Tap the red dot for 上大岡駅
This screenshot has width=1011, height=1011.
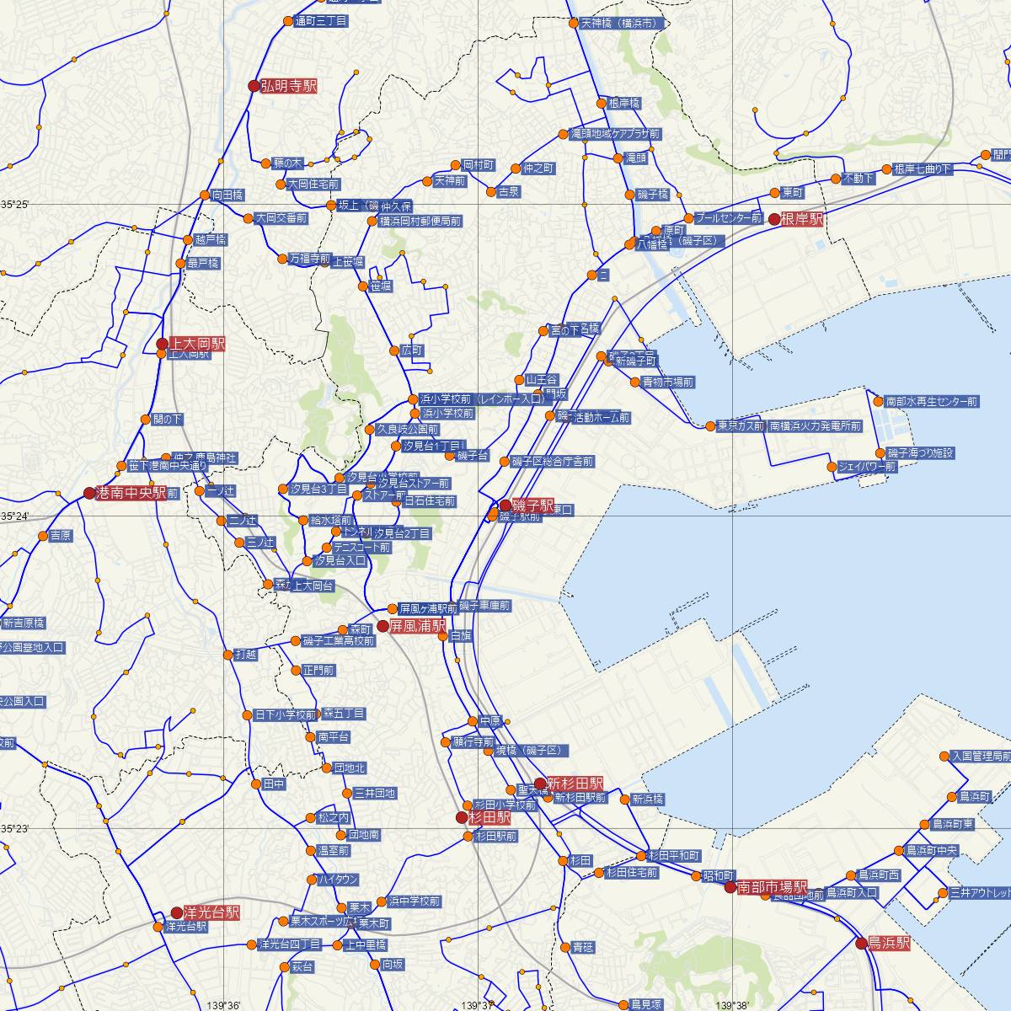pyautogui.click(x=163, y=344)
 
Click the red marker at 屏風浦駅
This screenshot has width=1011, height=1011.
pyautogui.click(x=383, y=626)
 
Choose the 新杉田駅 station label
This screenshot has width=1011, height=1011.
pyautogui.click(x=575, y=784)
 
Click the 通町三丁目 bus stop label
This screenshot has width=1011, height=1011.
pyautogui.click(x=321, y=22)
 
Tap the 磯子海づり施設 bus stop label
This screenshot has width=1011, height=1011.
pyautogui.click(x=920, y=453)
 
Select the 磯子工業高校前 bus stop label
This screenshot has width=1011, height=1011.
pyautogui.click(x=338, y=641)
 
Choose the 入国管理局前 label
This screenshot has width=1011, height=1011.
pyautogui.click(x=980, y=757)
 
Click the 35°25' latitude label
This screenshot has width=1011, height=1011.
pyautogui.click(x=14, y=205)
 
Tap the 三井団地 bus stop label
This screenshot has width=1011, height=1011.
pyautogui.click(x=375, y=794)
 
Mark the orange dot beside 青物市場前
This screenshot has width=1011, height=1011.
pyautogui.click(x=634, y=382)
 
